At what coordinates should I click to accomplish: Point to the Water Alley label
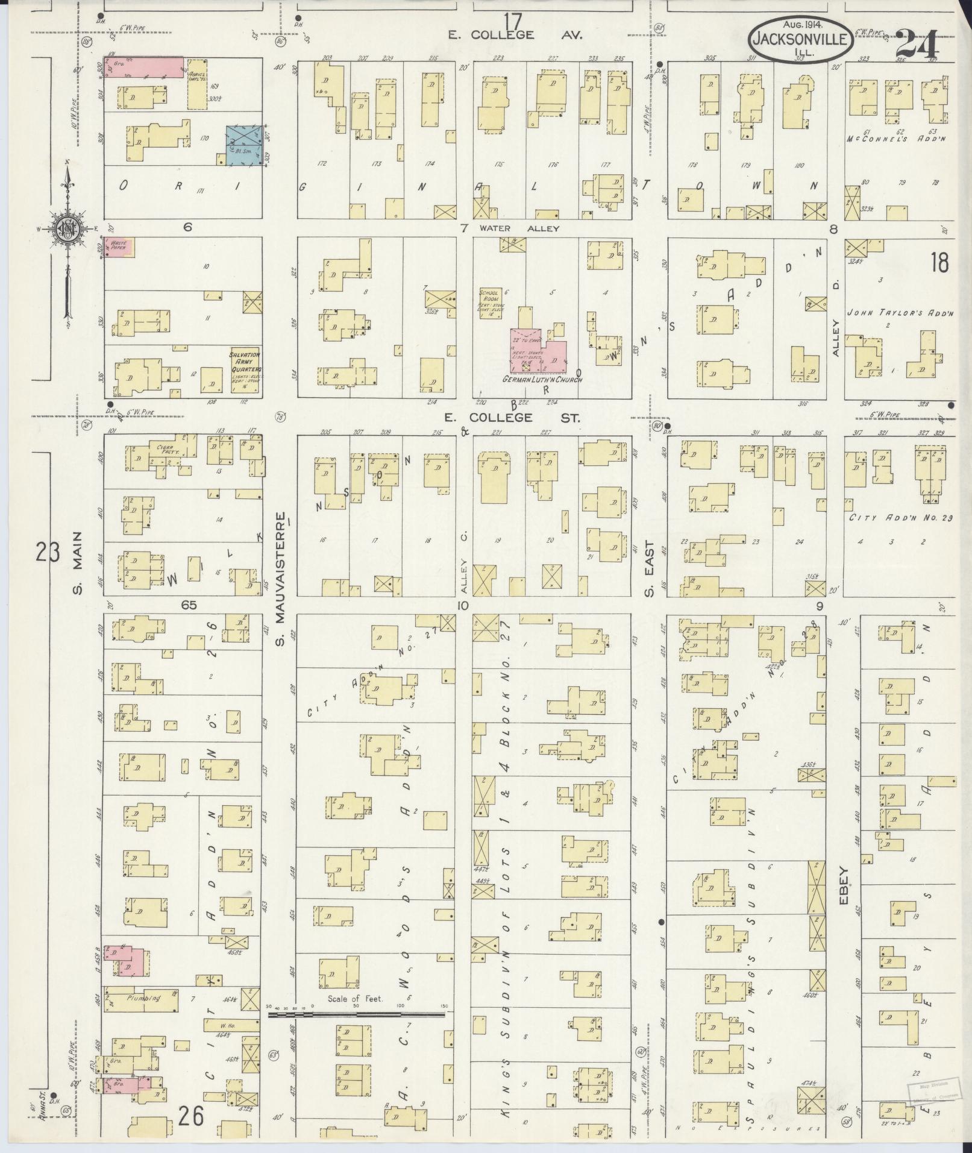click(519, 228)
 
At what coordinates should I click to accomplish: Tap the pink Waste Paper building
click(119, 247)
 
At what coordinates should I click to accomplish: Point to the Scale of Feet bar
click(356, 1014)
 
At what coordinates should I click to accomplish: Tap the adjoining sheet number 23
click(47, 551)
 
